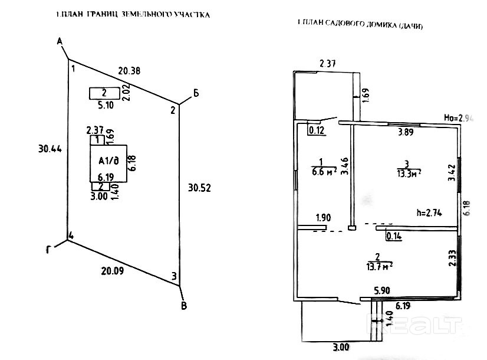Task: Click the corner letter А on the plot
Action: click(x=60, y=41)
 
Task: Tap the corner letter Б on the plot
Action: click(x=196, y=93)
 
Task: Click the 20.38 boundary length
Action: click(x=129, y=71)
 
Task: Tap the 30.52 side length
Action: click(x=199, y=188)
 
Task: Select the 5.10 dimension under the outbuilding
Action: click(x=106, y=106)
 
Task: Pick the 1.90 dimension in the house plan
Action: click(x=323, y=217)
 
